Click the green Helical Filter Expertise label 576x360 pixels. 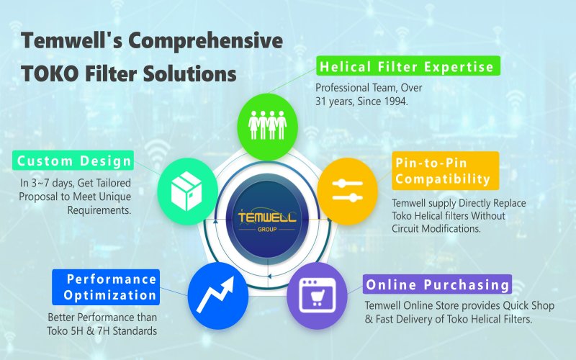coord(408,67)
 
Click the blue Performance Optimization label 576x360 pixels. coord(105,287)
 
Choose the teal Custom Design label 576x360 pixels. coord(74,161)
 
